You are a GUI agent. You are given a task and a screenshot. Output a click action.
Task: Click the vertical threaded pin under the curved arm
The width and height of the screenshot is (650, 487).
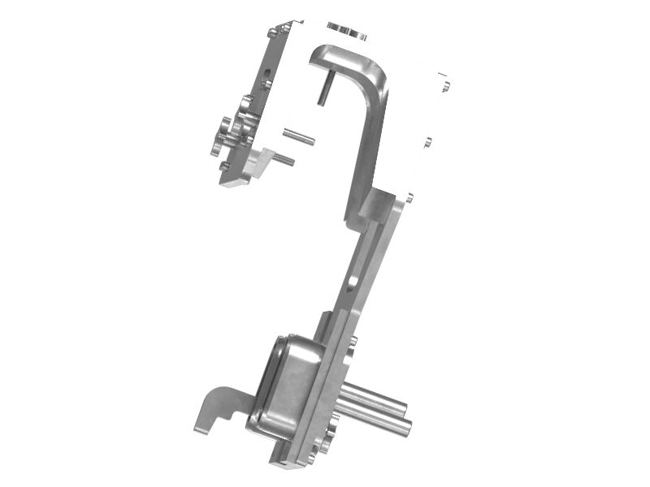[x=323, y=88]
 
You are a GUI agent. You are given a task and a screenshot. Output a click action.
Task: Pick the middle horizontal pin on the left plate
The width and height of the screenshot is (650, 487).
[x=298, y=136]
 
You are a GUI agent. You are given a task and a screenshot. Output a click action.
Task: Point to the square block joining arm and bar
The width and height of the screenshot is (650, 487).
[x=379, y=205]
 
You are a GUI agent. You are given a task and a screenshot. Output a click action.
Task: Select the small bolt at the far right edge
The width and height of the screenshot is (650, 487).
[x=445, y=83]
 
